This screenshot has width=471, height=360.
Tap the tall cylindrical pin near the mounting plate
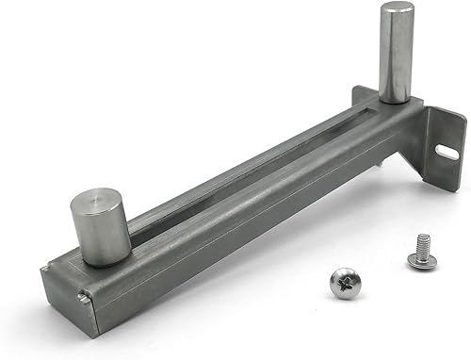click(396, 52)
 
